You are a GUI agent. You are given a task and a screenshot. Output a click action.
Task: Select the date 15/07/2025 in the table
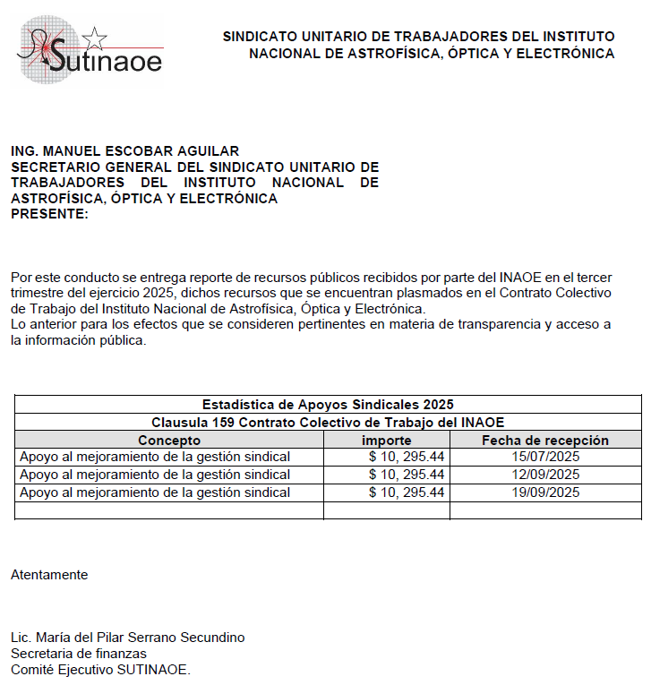pos(544,457)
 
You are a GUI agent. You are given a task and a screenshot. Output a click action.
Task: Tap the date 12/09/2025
pos(544,475)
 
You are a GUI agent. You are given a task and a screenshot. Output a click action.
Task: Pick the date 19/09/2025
pos(544,492)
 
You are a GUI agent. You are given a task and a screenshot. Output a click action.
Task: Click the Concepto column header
pos(169,440)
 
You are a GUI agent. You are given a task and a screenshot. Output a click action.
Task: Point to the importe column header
pos(386,440)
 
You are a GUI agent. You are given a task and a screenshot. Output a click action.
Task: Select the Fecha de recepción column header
pos(544,440)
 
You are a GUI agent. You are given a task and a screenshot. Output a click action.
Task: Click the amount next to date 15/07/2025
pos(407,457)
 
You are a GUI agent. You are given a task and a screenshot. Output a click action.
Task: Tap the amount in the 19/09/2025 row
pos(407,492)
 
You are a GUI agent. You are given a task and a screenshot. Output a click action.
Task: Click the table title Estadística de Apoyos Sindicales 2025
pos(328,404)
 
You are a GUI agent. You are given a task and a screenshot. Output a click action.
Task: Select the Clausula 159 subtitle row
pos(328,422)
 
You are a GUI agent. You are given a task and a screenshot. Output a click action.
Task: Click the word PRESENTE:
pos(49,213)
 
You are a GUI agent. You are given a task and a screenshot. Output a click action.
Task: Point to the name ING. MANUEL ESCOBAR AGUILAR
pos(124,151)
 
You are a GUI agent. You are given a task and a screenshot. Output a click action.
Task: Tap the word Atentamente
pos(49,575)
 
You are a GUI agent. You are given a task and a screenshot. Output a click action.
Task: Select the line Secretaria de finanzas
pos(78,654)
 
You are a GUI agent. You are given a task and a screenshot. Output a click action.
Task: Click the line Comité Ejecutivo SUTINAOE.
pos(100,670)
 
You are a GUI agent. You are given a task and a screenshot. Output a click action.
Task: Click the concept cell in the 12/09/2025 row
pos(155,475)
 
